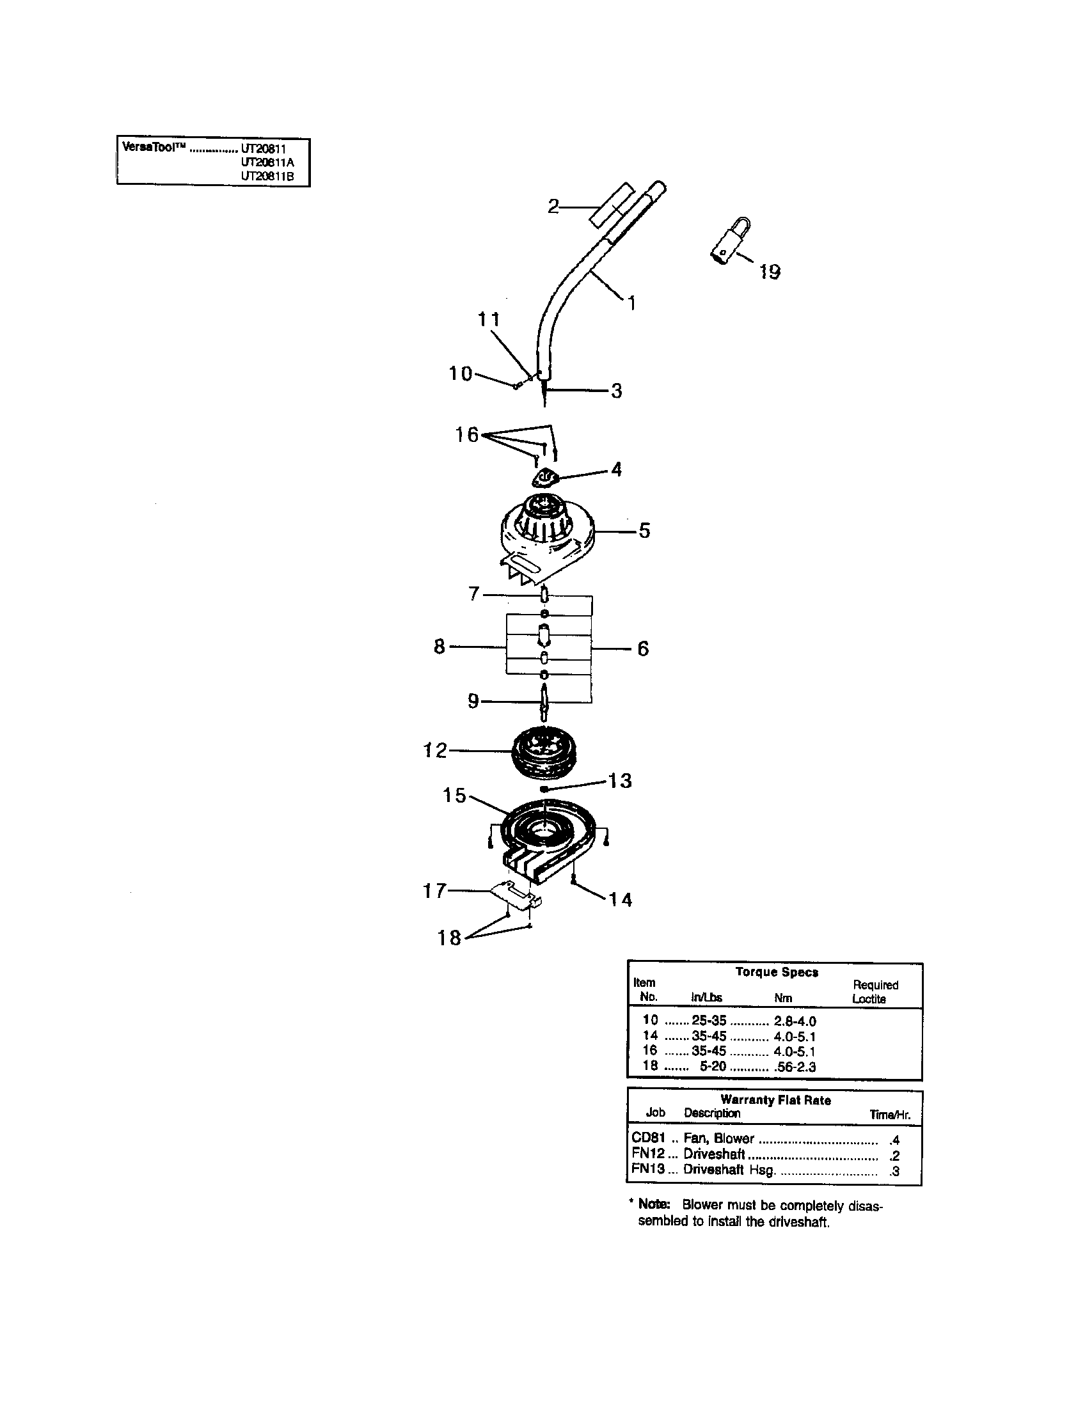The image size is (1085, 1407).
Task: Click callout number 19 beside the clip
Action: [770, 272]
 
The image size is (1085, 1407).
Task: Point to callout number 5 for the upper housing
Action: [644, 531]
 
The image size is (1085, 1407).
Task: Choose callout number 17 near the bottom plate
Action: [434, 891]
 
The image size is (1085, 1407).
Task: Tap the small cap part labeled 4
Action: [545, 479]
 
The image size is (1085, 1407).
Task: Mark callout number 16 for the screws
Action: [466, 435]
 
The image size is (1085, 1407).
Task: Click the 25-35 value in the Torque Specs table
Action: [708, 1021]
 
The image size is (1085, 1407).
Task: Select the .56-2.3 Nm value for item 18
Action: [795, 1067]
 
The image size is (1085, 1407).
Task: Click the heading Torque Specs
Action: [777, 972]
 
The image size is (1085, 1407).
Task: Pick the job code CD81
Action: [647, 1138]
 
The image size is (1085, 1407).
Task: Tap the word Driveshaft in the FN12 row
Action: [714, 1154]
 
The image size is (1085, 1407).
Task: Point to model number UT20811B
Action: [267, 177]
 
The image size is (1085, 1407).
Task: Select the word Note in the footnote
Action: [654, 1205]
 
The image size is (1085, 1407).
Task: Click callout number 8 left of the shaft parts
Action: [439, 646]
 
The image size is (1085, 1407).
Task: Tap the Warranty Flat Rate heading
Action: [775, 1101]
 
